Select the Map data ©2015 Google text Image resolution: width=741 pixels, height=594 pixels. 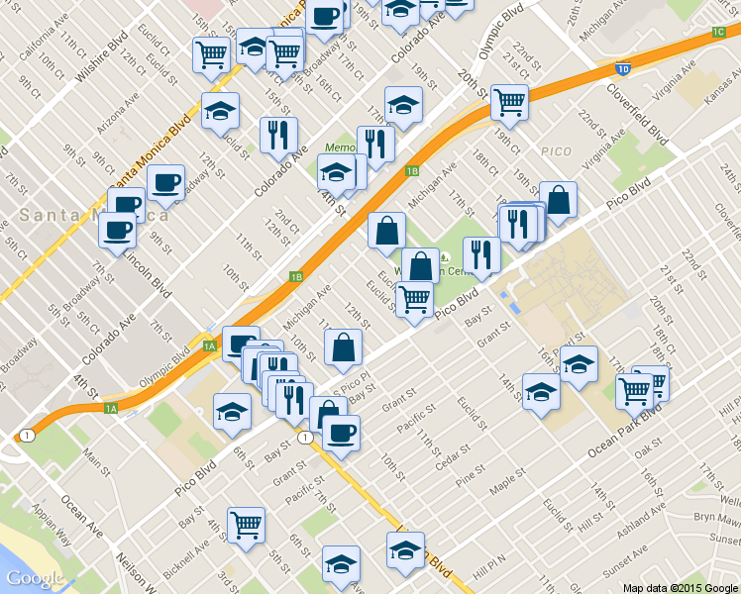click(681, 587)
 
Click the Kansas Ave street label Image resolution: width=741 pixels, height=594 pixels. click(723, 89)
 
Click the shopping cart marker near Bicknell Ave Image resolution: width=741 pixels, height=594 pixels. click(246, 526)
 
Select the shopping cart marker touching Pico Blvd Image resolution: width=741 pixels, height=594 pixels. click(413, 298)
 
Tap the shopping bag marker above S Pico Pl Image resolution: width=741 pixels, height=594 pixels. click(343, 347)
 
